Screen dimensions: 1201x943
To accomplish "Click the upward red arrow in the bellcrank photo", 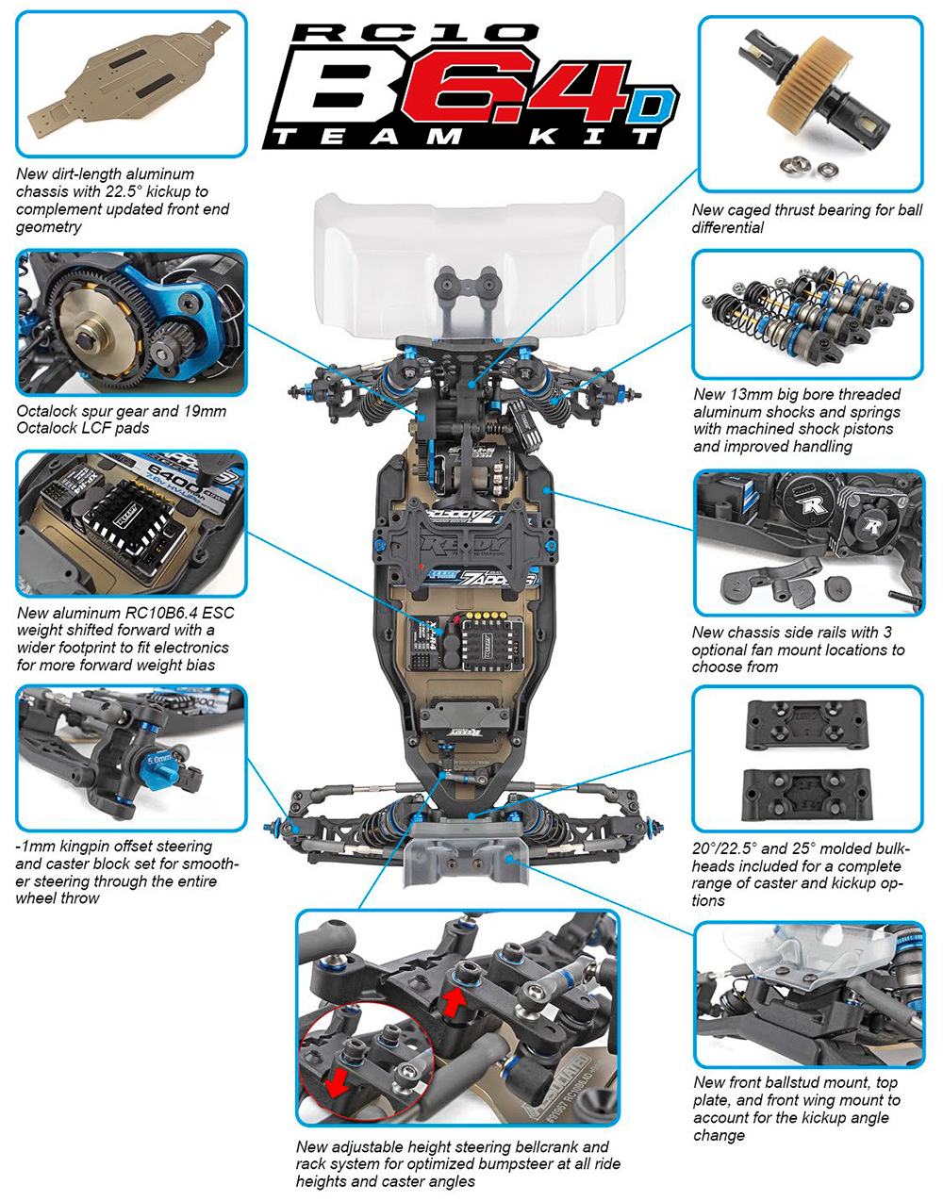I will point(455,1001).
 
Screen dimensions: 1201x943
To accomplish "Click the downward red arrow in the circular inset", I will point(335,1082).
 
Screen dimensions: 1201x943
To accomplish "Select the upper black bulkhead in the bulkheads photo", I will point(807,725).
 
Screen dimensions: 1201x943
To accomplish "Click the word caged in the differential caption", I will point(750,210).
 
